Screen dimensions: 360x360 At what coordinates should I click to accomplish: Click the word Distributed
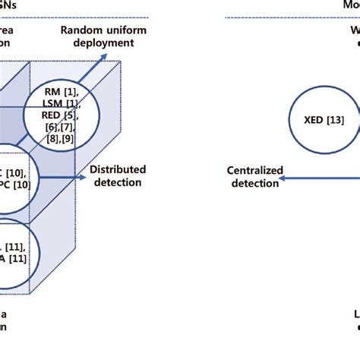click(118, 169)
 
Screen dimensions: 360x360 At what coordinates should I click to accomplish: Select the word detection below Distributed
click(118, 182)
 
